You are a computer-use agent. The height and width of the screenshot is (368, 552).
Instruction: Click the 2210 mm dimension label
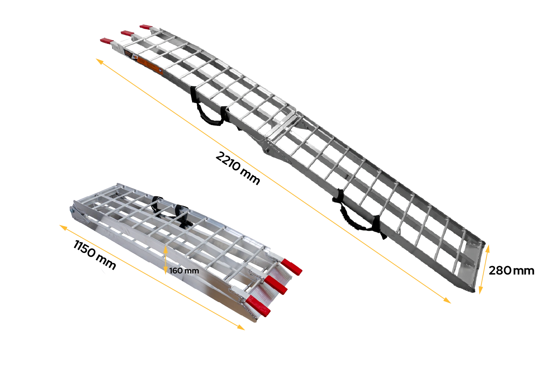click(x=238, y=168)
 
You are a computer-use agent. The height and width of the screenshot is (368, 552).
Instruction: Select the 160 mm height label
click(x=184, y=270)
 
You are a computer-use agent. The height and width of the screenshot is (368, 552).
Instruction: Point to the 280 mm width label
click(x=512, y=270)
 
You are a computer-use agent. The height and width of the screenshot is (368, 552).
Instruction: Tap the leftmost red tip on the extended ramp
click(x=107, y=40)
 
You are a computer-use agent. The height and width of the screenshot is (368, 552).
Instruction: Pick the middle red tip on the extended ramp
click(x=127, y=33)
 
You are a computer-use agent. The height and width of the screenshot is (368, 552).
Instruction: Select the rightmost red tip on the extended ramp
click(x=146, y=26)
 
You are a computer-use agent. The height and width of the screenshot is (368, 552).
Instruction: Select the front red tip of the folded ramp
click(x=258, y=306)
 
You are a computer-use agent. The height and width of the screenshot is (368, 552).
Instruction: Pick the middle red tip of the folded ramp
click(x=276, y=285)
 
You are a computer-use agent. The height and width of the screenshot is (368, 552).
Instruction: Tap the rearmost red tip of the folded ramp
click(x=292, y=267)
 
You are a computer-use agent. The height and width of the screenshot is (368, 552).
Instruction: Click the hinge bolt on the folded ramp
click(x=72, y=210)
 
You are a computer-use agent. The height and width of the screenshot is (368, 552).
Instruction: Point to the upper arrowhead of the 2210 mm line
click(x=99, y=61)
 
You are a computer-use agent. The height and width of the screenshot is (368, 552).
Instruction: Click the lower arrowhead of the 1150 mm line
click(x=241, y=328)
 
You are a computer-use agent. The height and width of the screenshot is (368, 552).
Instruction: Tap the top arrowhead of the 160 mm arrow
click(x=166, y=249)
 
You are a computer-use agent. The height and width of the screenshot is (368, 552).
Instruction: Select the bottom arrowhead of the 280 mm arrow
click(x=480, y=290)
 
